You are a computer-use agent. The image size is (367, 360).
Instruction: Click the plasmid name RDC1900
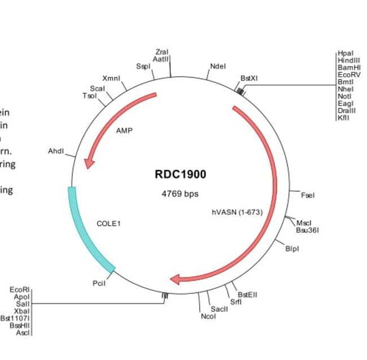pyautogui.click(x=180, y=175)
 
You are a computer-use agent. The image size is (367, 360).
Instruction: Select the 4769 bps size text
pyautogui.click(x=180, y=194)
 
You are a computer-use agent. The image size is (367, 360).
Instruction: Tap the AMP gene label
pyautogui.click(x=124, y=131)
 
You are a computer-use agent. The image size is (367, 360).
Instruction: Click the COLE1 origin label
pyautogui.click(x=109, y=224)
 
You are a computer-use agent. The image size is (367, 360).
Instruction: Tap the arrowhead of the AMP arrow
pyautogui.click(x=89, y=163)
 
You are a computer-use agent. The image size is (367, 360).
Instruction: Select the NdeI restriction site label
pyautogui.click(x=218, y=66)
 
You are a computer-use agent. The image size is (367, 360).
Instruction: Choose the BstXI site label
pyautogui.click(x=249, y=78)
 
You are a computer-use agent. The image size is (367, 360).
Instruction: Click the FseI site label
pyautogui.click(x=308, y=196)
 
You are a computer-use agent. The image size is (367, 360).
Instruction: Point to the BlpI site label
pyautogui.click(x=292, y=248)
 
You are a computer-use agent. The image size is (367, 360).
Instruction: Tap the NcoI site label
pyautogui.click(x=208, y=316)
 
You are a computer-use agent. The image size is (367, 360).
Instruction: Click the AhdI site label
pyautogui.click(x=56, y=151)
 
